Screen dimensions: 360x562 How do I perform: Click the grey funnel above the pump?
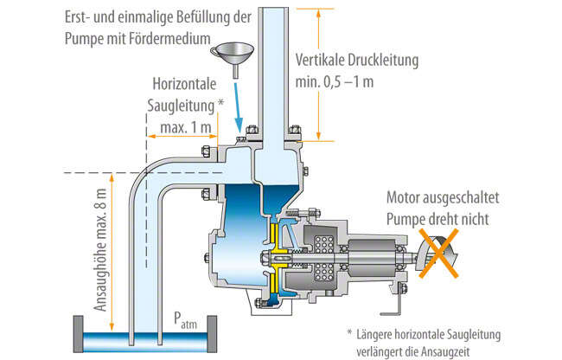point(231,53)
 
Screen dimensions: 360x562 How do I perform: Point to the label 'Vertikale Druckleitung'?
point(356,61)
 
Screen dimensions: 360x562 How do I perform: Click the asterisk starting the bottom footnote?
point(349,333)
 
